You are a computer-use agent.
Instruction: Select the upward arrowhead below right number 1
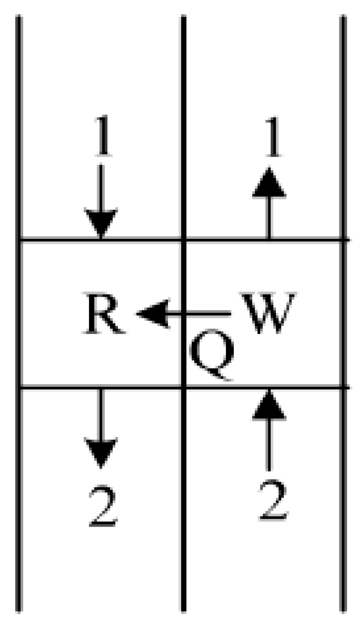coord(269,183)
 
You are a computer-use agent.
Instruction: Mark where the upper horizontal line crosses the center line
coord(184,240)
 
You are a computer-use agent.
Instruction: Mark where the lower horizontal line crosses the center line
coord(184,388)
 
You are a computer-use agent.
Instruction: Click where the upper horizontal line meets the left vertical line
coord(19,240)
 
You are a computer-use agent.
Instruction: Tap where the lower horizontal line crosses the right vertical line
coord(343,388)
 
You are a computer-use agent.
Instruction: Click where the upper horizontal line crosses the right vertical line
coord(343,240)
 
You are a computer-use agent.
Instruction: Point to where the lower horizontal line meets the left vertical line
coord(19,388)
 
